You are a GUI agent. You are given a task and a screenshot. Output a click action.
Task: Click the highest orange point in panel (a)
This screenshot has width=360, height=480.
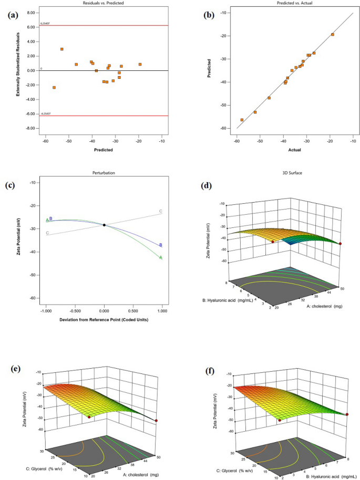[x=62, y=49]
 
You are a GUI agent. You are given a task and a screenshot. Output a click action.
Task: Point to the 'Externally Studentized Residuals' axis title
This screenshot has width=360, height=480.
[x=18, y=69]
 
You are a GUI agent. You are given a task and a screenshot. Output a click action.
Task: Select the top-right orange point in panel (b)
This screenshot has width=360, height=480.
[x=333, y=35]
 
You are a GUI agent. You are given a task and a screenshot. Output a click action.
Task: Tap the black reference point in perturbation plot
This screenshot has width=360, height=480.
[x=104, y=225]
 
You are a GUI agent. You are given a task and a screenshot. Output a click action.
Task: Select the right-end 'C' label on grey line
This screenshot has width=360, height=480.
[x=161, y=211]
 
